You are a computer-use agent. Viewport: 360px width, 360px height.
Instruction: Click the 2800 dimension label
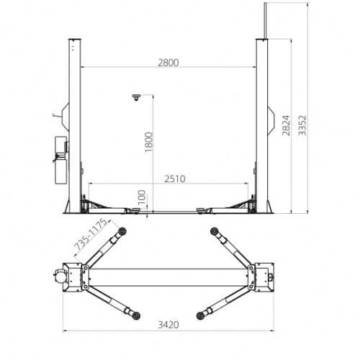[168, 63]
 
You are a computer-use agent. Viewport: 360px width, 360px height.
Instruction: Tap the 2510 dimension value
[175, 179]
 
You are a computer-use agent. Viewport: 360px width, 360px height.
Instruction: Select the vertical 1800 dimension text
[149, 142]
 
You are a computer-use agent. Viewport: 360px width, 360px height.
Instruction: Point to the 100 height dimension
[142, 197]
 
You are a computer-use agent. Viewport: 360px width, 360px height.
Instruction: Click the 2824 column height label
[286, 125]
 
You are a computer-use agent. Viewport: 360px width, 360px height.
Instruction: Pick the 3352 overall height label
[302, 125]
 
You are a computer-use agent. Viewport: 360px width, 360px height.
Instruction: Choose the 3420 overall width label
[168, 325]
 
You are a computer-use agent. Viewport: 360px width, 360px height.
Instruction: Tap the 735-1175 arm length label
[90, 234]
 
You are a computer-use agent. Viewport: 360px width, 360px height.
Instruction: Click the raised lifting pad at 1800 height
[136, 97]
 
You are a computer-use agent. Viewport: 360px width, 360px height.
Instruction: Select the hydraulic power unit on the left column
[61, 160]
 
